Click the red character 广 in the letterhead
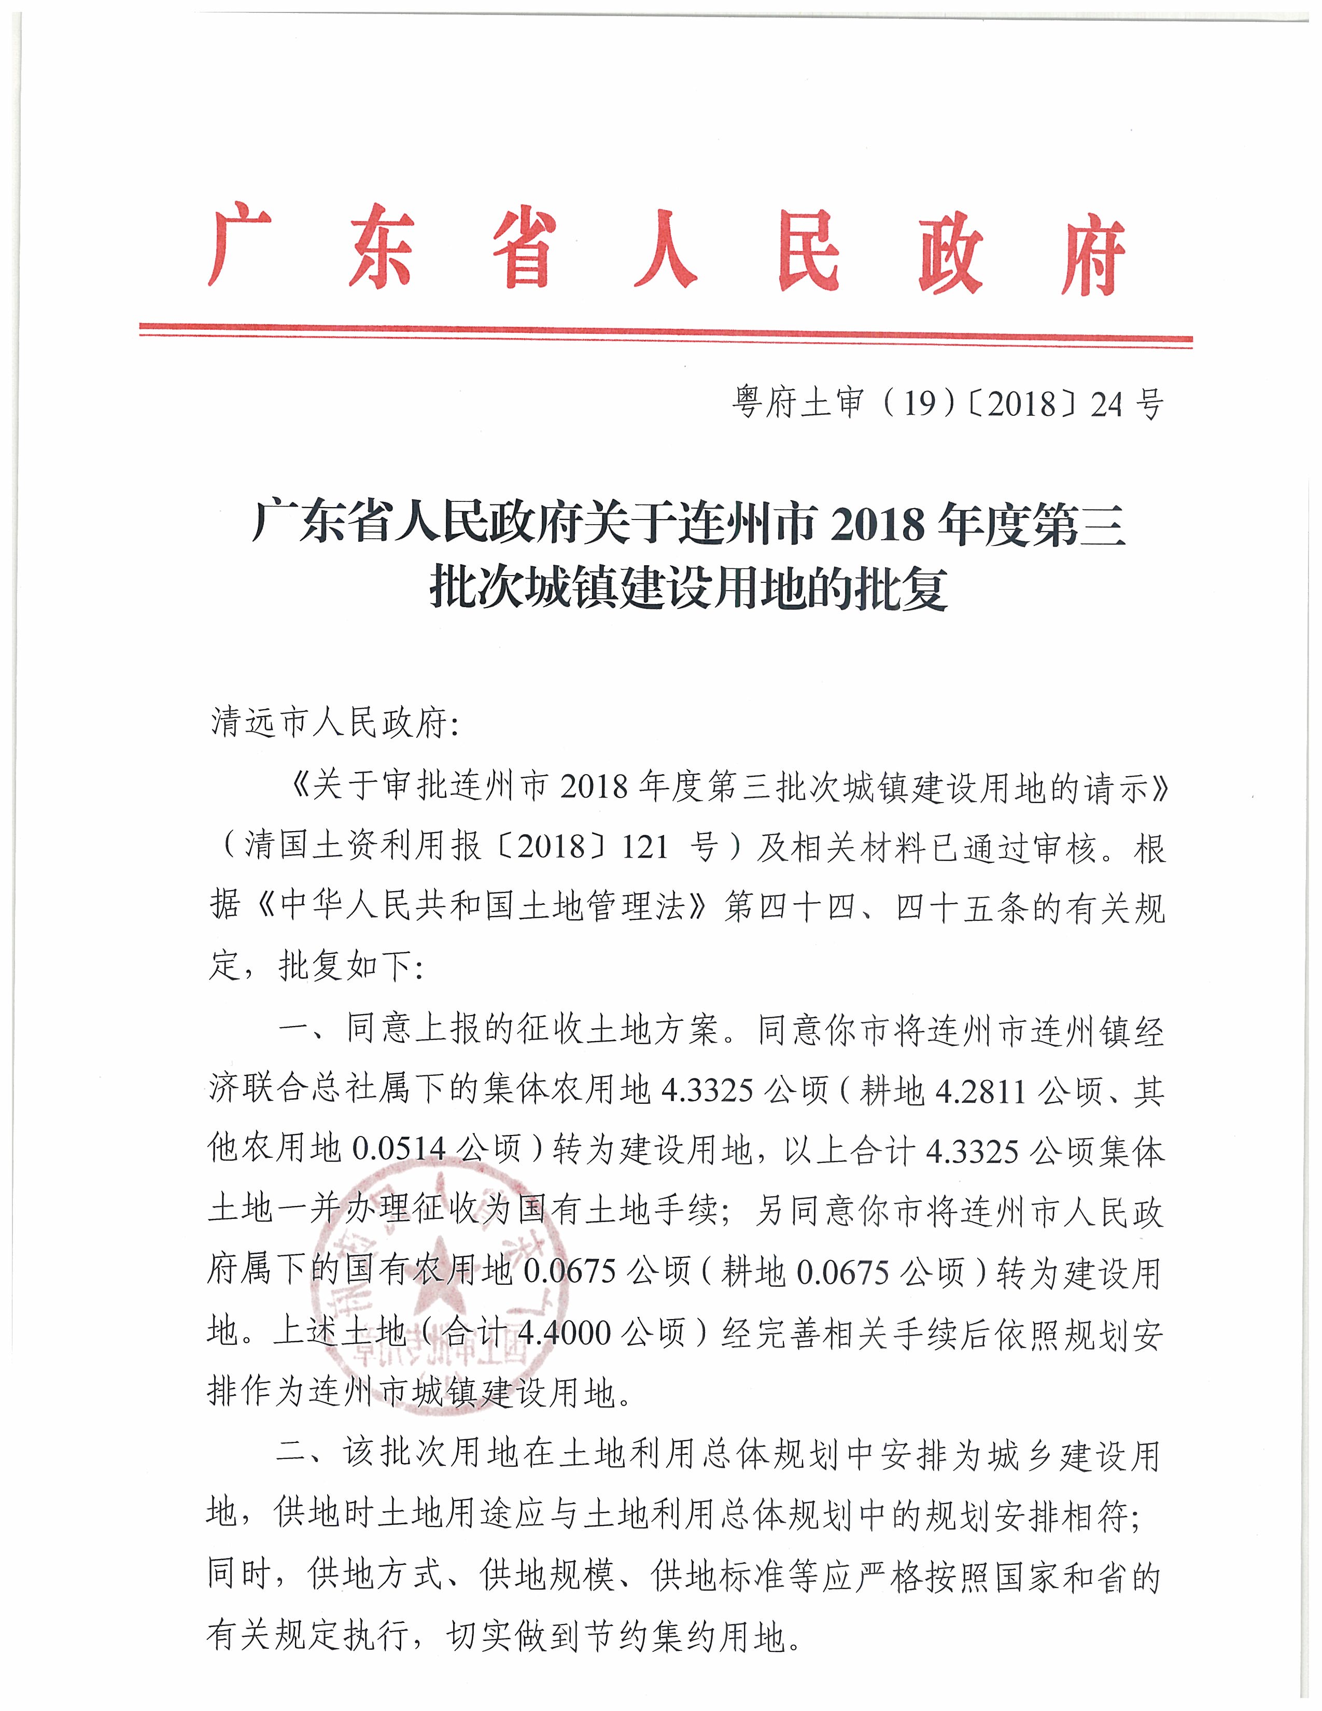[240, 248]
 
